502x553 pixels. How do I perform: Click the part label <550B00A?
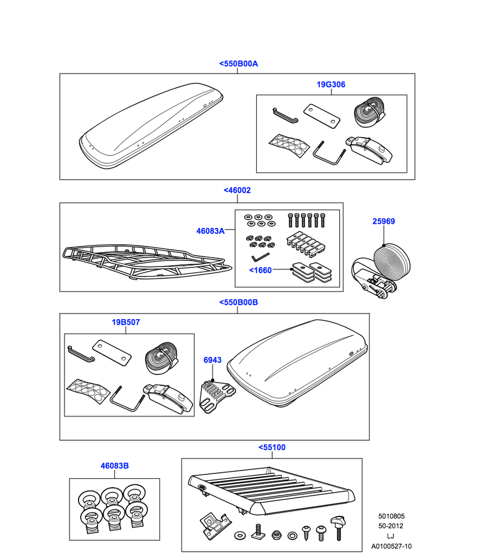pyautogui.click(x=238, y=64)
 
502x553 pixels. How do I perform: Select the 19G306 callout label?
pyautogui.click(x=331, y=85)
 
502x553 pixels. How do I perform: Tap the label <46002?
pyautogui.click(x=237, y=190)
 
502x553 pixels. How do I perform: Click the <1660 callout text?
pyautogui.click(x=261, y=270)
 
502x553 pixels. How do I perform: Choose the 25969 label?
pyautogui.click(x=383, y=221)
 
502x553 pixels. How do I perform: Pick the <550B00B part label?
pyautogui.click(x=239, y=302)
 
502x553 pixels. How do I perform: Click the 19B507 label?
pyautogui.click(x=125, y=322)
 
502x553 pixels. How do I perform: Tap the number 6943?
pyautogui.click(x=212, y=360)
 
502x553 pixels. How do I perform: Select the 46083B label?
pyautogui.click(x=115, y=466)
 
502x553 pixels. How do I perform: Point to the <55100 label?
pyautogui.click(x=272, y=447)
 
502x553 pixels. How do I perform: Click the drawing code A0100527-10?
pyautogui.click(x=391, y=546)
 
